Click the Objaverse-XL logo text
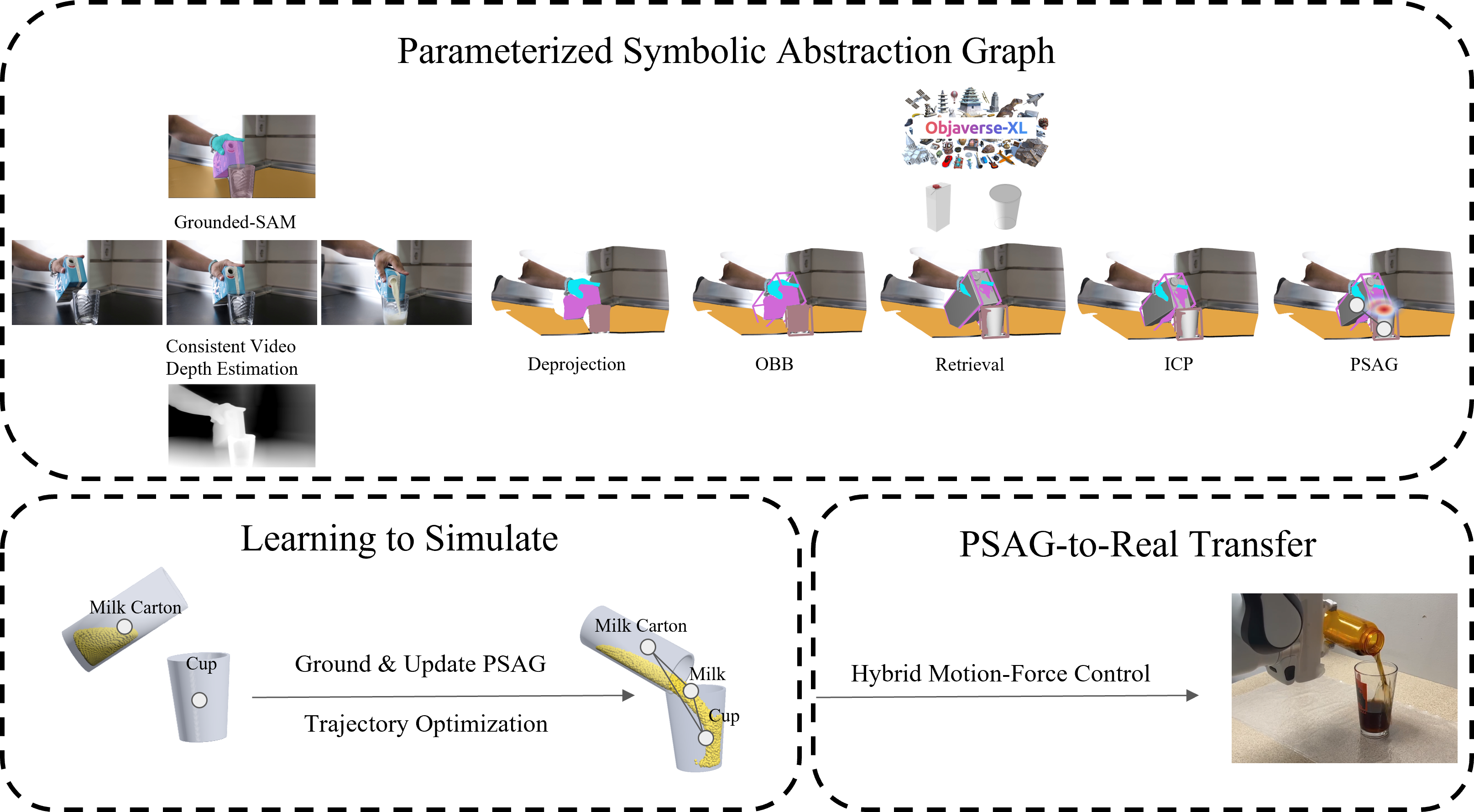976,128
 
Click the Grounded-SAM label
235,221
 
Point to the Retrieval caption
969,365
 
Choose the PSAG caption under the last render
1374,365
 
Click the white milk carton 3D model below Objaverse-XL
938,207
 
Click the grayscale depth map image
241,425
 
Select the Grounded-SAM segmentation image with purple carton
241,156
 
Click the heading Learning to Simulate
399,539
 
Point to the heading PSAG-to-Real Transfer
1138,544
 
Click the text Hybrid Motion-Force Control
1000,674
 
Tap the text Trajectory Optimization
426,724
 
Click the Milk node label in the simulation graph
707,674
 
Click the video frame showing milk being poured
397,283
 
